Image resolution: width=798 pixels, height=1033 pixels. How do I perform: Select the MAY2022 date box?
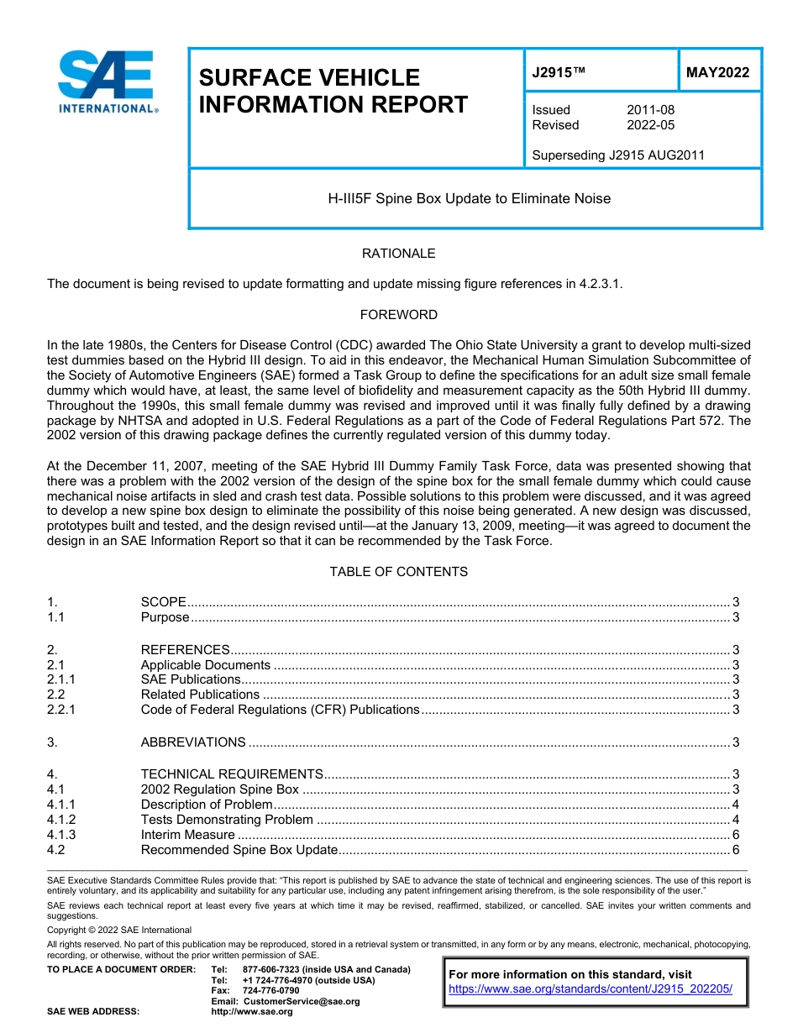pos(717,73)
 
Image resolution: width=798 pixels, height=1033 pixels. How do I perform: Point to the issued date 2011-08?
pos(650,110)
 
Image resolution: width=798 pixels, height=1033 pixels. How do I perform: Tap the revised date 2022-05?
pos(650,125)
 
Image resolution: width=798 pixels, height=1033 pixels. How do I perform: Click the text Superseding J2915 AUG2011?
pos(618,155)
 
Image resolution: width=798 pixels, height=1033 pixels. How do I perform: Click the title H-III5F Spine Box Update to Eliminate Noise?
pos(469,199)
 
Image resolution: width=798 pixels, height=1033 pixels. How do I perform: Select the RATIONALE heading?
pos(398,254)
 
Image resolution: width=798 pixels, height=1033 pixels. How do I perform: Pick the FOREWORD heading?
pos(398,315)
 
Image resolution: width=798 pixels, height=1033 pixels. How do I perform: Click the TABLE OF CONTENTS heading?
pos(398,572)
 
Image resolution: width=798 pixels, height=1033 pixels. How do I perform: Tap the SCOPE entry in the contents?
pos(164,602)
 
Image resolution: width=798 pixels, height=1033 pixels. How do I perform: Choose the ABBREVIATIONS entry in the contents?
pos(193,742)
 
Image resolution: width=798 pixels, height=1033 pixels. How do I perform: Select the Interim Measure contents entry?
pos(188,835)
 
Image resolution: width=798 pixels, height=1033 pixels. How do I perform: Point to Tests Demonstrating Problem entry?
pos(227,820)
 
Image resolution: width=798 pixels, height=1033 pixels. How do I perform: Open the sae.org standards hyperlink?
pos(591,989)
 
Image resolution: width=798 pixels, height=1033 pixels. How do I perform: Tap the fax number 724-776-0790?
pos(270,991)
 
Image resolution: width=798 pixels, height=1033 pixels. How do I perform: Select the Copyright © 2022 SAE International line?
pos(119,930)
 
